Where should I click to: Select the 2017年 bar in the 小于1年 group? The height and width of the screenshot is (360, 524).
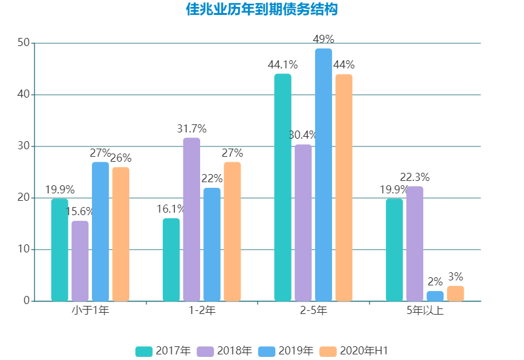[60, 250]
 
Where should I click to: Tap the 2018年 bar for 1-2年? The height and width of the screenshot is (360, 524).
[191, 219]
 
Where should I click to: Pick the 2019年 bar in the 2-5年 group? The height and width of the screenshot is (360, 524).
[323, 175]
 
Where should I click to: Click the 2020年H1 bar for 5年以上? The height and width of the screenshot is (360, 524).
[455, 293]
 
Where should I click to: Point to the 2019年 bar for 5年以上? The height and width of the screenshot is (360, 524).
[435, 296]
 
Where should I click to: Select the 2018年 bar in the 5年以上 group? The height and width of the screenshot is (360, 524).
[415, 244]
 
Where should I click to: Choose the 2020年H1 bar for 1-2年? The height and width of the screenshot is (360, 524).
[232, 231]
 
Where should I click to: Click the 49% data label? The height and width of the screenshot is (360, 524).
[324, 39]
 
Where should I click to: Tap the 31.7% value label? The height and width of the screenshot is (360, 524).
[191, 129]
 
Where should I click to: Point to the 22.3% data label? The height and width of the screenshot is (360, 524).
[415, 177]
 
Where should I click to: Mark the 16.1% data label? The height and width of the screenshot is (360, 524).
[171, 209]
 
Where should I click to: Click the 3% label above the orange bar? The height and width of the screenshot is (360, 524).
[455, 277]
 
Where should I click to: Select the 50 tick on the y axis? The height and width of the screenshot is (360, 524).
[24, 43]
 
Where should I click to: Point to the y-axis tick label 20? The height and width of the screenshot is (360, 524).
[24, 198]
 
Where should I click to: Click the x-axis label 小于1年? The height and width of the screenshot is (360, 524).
[90, 310]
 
